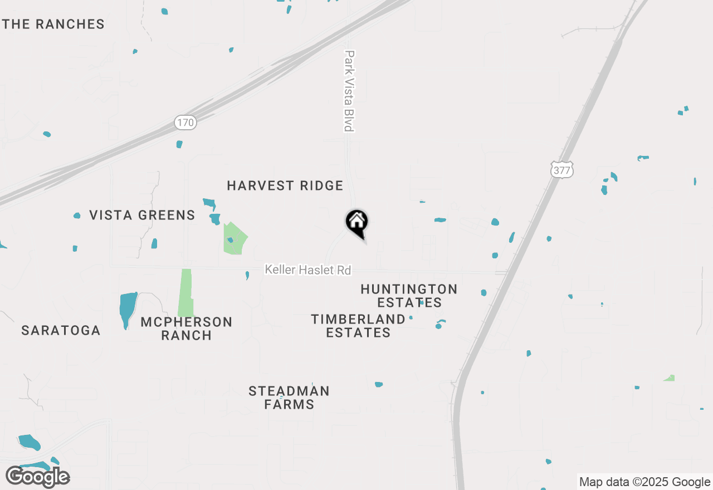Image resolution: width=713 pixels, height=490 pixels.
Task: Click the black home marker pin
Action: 357,223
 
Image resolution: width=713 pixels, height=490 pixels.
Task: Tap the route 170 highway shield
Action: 185,122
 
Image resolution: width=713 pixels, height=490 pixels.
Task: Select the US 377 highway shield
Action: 562,170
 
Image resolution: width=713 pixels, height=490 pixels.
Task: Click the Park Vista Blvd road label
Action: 349,91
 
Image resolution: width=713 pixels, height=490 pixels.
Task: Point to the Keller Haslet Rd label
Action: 308,270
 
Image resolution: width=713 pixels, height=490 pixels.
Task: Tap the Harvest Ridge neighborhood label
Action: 285,186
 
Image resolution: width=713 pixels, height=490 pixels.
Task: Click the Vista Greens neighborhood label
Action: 143,215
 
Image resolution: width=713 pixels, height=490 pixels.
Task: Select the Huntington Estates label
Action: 409,296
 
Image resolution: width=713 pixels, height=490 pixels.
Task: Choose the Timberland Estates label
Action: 358,326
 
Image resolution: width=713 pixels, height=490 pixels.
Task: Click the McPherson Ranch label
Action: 186,329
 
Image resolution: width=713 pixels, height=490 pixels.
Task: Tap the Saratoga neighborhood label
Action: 61,331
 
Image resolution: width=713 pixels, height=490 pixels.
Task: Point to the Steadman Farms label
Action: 289,398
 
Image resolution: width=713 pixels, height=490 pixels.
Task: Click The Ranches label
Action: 53,24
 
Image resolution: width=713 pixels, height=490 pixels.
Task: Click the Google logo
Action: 37,477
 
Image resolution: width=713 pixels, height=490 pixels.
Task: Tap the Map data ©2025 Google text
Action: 644,482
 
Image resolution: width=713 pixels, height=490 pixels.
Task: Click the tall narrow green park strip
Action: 185,292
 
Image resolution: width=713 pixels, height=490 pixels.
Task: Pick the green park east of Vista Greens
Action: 235,239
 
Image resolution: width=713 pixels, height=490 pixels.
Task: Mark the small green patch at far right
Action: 670,378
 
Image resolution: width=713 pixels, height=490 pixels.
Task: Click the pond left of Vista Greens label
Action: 77,215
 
